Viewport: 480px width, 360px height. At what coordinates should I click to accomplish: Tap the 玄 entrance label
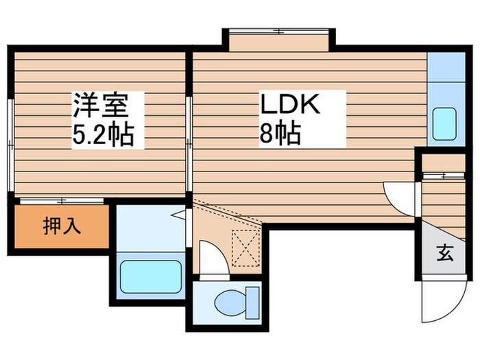tap(444, 253)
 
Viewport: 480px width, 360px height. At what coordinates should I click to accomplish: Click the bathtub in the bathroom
tap(152, 276)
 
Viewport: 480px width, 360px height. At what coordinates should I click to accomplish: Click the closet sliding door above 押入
tap(62, 201)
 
